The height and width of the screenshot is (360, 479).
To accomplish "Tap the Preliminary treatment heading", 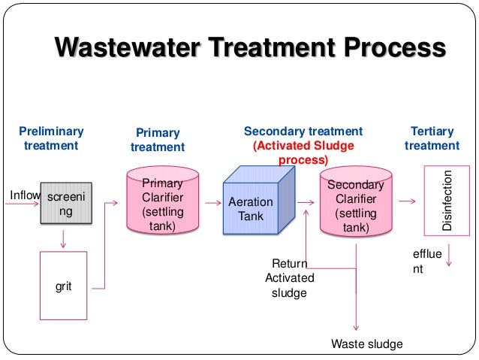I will point(51,138).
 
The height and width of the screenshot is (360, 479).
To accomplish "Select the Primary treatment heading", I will point(158,140).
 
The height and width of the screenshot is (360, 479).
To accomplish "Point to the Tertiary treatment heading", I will point(432,138).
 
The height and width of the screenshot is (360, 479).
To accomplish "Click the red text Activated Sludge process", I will point(303,153).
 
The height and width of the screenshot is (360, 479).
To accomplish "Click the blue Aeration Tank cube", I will point(253,204).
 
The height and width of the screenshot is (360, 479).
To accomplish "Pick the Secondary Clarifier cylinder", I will point(356,204).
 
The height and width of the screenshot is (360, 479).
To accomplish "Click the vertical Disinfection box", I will point(447,200).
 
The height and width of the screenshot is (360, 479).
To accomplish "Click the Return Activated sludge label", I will point(290,278).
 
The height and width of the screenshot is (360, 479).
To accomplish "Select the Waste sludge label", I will point(367,344).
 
